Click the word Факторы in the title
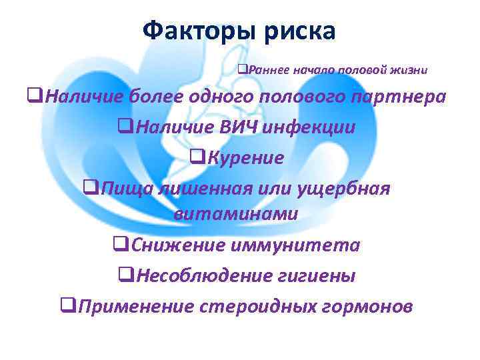click(189, 31)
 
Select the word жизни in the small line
click(410, 69)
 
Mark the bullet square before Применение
click(67, 306)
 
